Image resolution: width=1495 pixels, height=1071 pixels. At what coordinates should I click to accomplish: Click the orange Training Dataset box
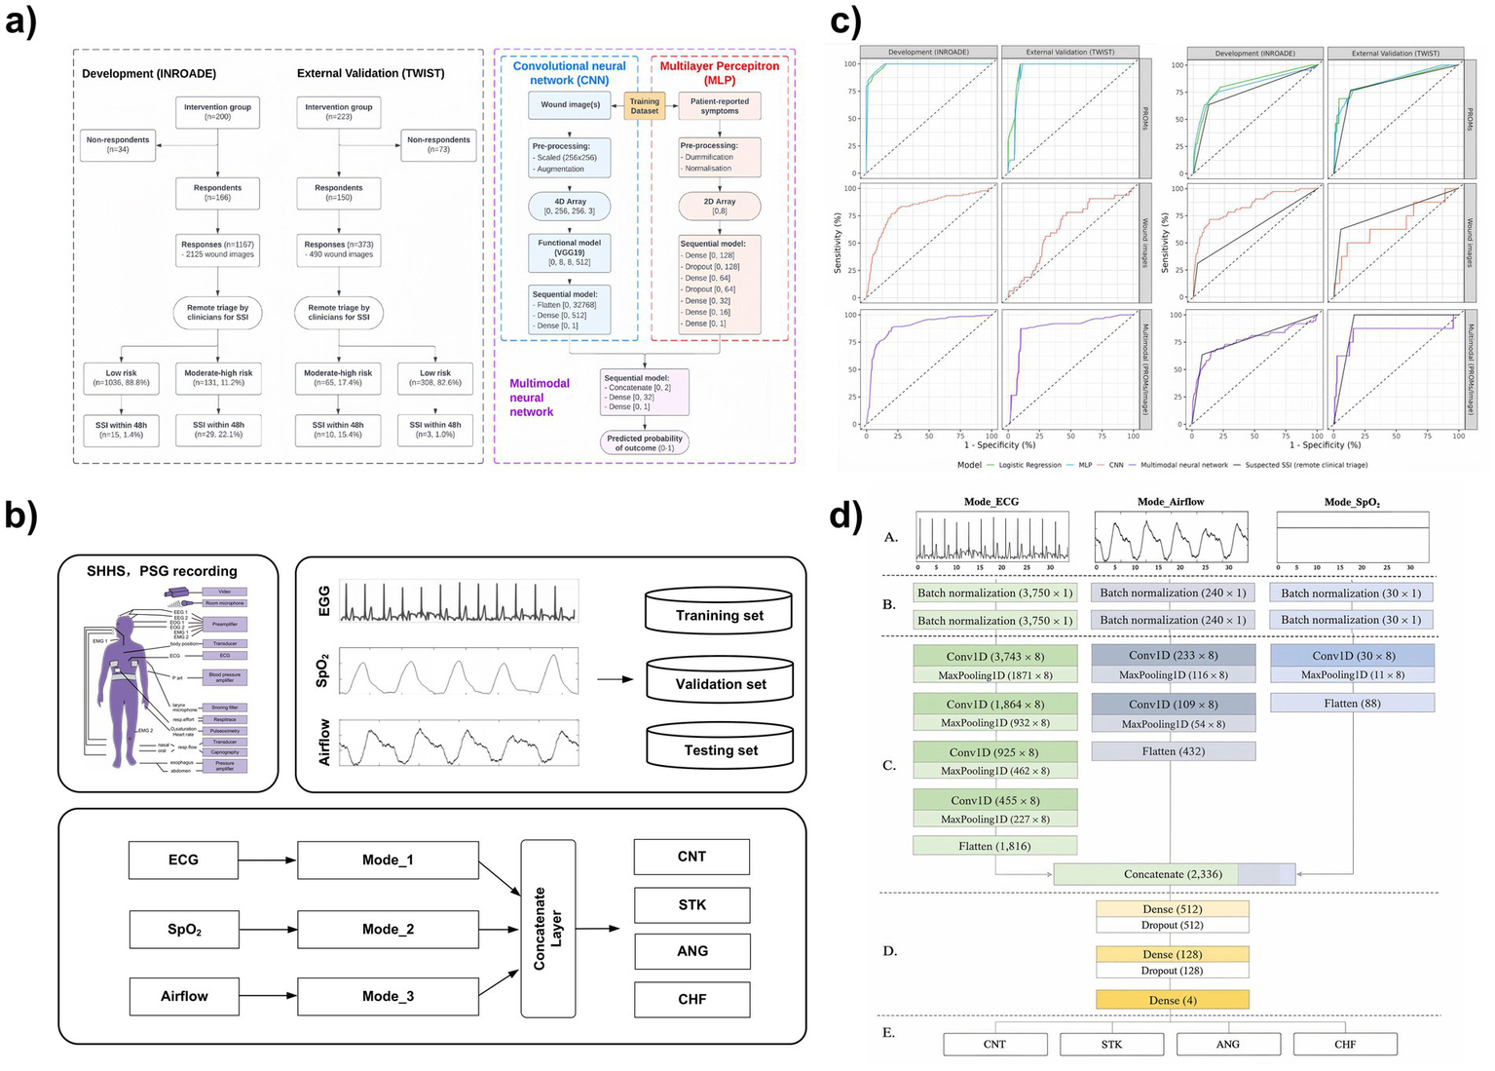(x=644, y=106)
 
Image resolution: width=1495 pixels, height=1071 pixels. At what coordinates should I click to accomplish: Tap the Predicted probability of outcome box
(x=645, y=442)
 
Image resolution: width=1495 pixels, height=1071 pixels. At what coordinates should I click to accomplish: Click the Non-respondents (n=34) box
(x=118, y=144)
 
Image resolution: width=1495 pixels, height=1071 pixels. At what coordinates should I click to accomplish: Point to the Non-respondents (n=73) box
(x=438, y=144)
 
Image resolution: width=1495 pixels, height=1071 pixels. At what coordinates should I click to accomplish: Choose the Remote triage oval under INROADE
(x=217, y=312)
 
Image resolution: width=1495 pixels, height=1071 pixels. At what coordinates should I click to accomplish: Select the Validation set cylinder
(x=720, y=679)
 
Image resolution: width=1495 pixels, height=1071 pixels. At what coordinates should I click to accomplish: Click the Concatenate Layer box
(x=548, y=929)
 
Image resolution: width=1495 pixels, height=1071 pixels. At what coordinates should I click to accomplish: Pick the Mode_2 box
(x=388, y=929)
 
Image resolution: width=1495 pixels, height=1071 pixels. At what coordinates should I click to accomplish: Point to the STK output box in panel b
(x=691, y=904)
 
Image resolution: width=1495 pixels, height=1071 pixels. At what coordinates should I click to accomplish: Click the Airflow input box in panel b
(x=184, y=996)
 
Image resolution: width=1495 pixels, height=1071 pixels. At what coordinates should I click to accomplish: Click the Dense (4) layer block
(x=1172, y=1000)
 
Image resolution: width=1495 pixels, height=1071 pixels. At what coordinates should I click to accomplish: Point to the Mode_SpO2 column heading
(x=1352, y=502)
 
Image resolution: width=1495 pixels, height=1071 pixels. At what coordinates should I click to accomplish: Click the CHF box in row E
(x=1345, y=1044)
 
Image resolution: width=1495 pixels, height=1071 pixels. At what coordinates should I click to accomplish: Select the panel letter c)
(x=844, y=21)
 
